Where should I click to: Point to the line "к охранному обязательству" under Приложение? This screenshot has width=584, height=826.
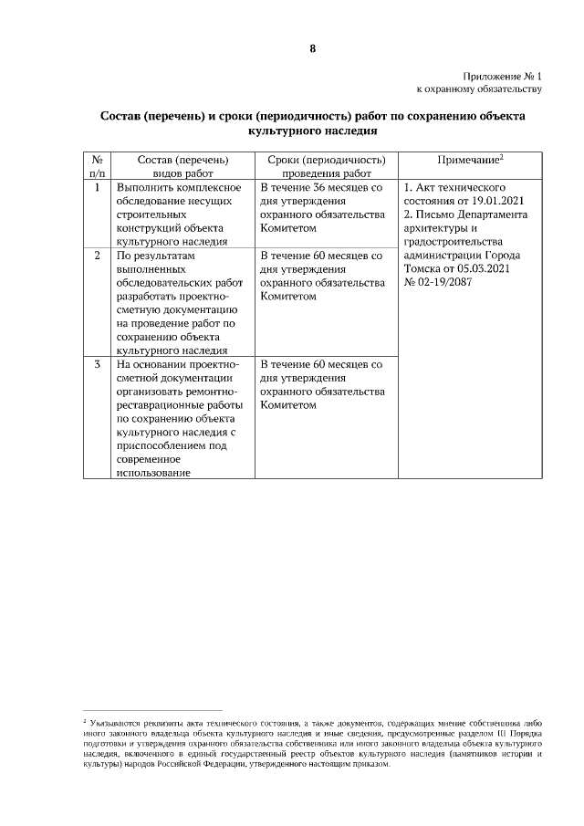tap(480, 89)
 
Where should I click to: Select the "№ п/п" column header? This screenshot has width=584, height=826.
tap(98, 165)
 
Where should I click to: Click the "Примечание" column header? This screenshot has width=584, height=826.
tap(470, 160)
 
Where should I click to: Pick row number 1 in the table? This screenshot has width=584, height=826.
tap(98, 187)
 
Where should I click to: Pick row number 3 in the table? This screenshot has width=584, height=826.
tap(98, 364)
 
